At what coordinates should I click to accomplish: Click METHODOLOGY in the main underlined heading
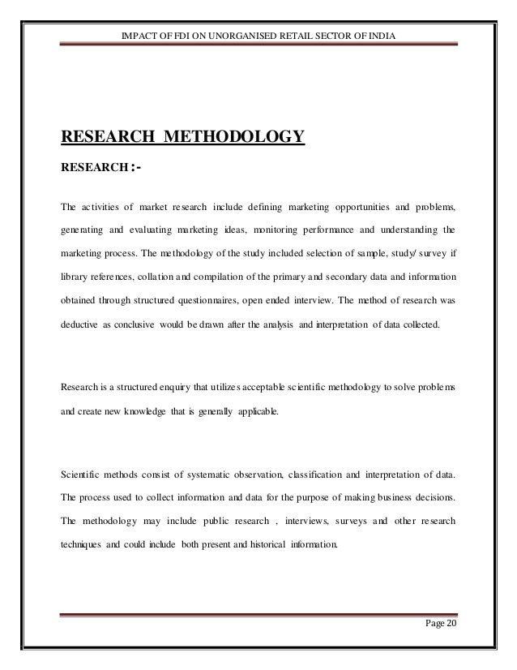pos(235,134)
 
